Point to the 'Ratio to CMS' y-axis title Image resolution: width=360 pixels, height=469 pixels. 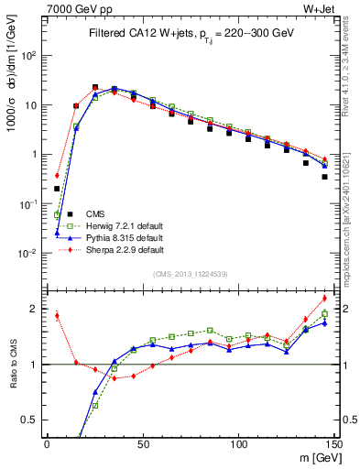click(x=12, y=364)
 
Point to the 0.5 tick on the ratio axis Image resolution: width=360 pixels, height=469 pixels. click(x=33, y=420)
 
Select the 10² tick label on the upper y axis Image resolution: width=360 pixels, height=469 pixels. click(x=32, y=56)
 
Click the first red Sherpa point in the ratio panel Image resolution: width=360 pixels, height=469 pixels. click(x=57, y=316)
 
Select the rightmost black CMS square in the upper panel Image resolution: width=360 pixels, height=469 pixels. click(x=325, y=177)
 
